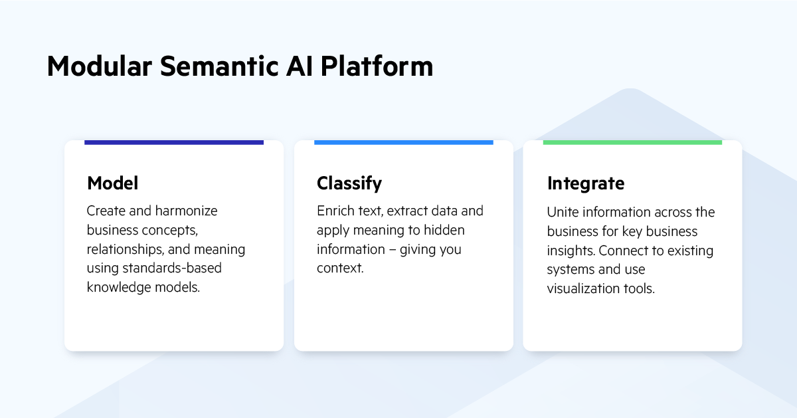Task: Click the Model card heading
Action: [112, 183]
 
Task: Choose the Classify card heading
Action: [349, 183]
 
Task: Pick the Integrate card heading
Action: [585, 183]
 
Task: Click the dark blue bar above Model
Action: [174, 142]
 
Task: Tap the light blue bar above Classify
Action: [403, 142]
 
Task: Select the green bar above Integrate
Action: [632, 142]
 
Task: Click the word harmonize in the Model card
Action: [186, 211]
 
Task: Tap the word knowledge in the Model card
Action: [118, 288]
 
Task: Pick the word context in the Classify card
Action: [339, 268]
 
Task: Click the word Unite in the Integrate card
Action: [563, 212]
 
